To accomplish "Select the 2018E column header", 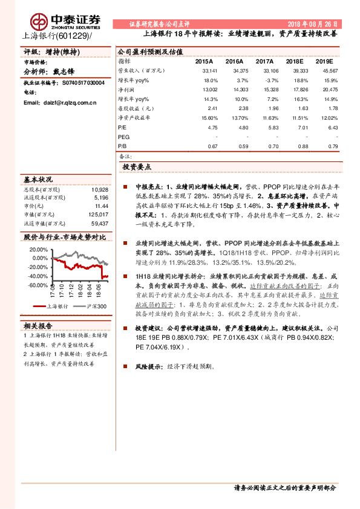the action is click(x=295, y=62).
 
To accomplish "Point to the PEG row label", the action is click(x=123, y=137).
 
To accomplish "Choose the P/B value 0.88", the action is click(x=297, y=146).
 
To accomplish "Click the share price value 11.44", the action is click(x=102, y=206).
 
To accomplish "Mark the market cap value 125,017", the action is click(x=97, y=215).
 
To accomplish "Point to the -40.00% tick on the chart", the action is click(x=38, y=276).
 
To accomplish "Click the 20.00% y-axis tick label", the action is click(x=39, y=249).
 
